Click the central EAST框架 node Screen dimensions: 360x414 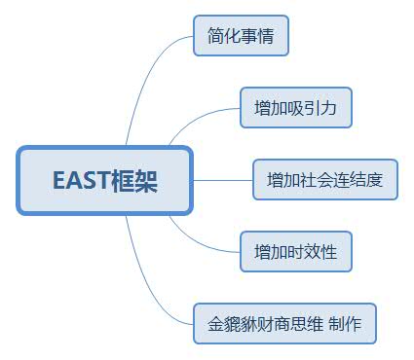105,180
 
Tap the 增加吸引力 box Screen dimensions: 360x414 295,108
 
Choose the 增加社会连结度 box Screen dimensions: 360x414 325,180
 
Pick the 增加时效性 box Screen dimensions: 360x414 295,252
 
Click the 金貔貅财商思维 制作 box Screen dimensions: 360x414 284,324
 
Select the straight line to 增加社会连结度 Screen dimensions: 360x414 224,180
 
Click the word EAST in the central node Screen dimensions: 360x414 81,180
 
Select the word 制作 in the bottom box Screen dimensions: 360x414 345,324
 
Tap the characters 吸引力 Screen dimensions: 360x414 312,108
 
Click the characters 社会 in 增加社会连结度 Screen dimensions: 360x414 317,180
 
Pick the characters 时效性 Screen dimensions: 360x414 312,252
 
